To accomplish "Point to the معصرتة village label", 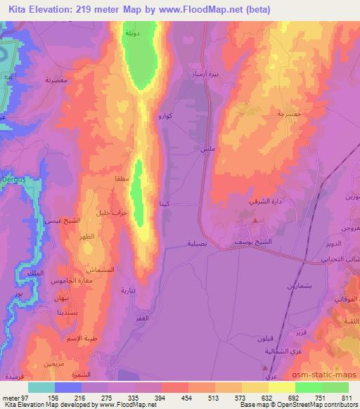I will click(x=57, y=81).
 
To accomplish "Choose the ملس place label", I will click(x=207, y=150).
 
